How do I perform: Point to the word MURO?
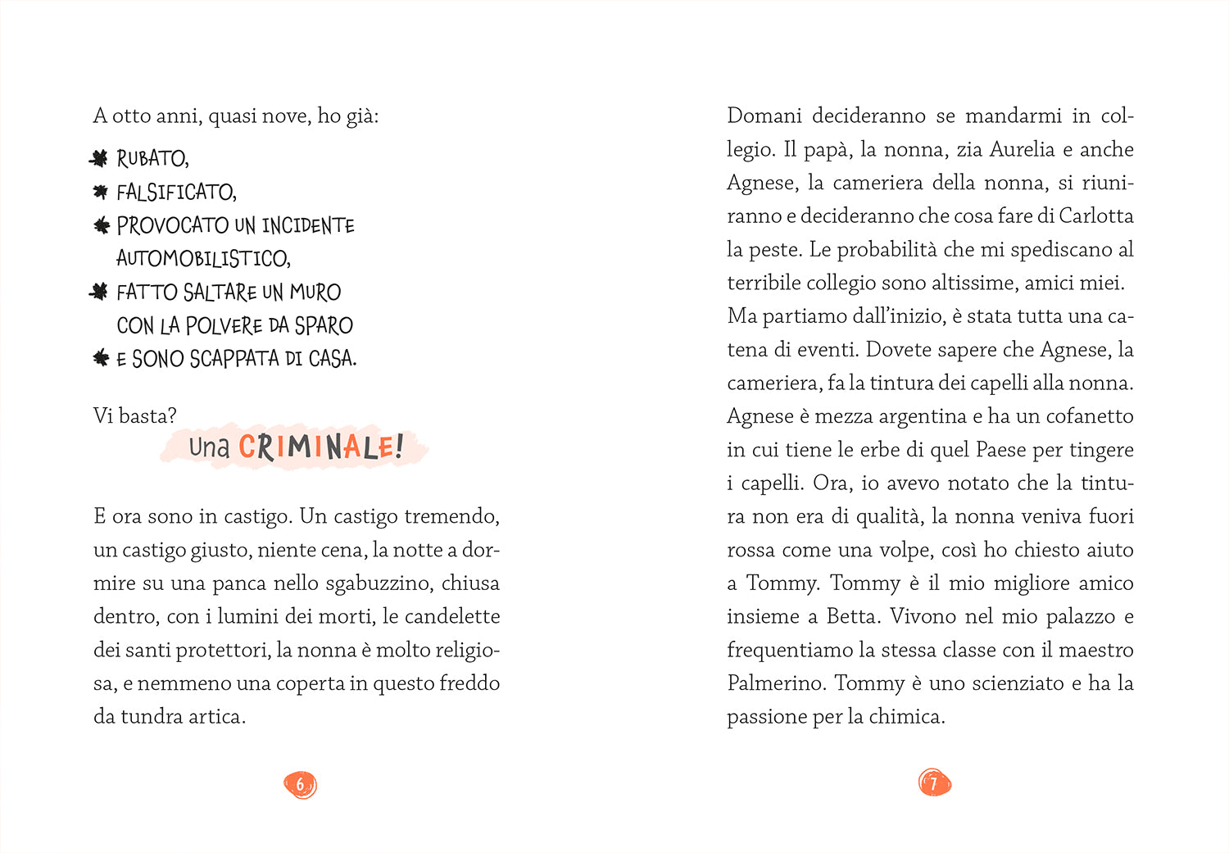pyautogui.click(x=315, y=293)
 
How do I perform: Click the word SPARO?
pyautogui.click(x=323, y=326)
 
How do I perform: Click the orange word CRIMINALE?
pyautogui.click(x=320, y=447)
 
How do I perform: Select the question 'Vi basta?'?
pyautogui.click(x=134, y=416)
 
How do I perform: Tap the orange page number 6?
pyautogui.click(x=300, y=785)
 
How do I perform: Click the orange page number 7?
pyautogui.click(x=934, y=783)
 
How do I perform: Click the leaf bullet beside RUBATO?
pyautogui.click(x=99, y=158)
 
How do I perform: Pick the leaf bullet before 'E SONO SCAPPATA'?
pyautogui.click(x=101, y=358)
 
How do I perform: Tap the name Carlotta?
pyautogui.click(x=1095, y=216)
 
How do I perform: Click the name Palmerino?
pyautogui.click(x=775, y=683)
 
